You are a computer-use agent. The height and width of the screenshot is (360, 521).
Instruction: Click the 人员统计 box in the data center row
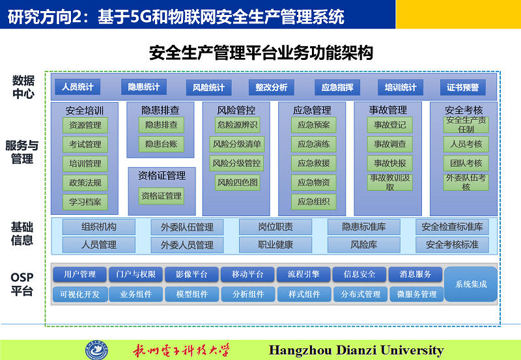tap(77, 87)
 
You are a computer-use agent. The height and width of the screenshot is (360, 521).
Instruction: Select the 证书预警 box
tap(462, 87)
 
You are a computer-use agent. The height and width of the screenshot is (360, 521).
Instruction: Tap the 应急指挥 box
tap(337, 87)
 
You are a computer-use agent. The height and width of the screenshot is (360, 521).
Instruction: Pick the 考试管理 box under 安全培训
tap(85, 145)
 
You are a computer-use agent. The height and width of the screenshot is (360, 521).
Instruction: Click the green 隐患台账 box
tap(161, 144)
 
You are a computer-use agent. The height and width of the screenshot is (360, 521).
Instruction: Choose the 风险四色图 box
tap(237, 183)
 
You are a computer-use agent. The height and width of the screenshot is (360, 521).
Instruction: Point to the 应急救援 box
tap(314, 163)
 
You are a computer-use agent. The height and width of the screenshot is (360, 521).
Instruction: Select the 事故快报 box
tap(389, 163)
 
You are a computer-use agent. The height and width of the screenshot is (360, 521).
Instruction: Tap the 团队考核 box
tap(466, 163)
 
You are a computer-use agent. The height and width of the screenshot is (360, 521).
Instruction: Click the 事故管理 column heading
tap(387, 110)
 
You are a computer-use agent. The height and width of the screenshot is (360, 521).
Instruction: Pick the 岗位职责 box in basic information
tap(275, 227)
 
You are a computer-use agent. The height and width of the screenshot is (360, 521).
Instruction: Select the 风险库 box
tap(364, 245)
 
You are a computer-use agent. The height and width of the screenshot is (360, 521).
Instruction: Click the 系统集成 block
tap(471, 284)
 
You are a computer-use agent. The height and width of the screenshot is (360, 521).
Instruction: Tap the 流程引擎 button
tap(303, 274)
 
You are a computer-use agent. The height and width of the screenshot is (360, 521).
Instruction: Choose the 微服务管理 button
tap(417, 294)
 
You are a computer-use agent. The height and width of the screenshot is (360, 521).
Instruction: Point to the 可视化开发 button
tap(80, 294)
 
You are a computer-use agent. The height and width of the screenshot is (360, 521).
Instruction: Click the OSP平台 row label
tap(22, 284)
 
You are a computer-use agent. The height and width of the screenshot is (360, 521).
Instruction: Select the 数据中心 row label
tap(23, 87)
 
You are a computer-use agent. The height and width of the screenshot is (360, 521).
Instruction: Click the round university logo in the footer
tap(96, 350)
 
